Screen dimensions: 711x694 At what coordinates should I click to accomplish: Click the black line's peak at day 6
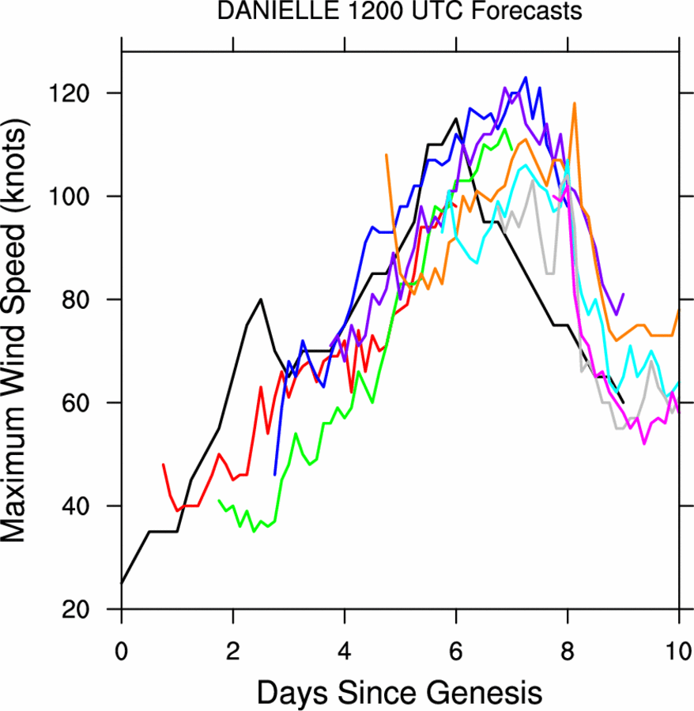pyautogui.click(x=456, y=119)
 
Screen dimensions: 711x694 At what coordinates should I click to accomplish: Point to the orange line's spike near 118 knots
pyautogui.click(x=574, y=103)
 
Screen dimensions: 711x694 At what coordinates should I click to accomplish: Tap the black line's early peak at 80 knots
pyautogui.click(x=261, y=299)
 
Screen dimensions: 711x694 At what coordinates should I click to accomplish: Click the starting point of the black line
pyautogui.click(x=122, y=583)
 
